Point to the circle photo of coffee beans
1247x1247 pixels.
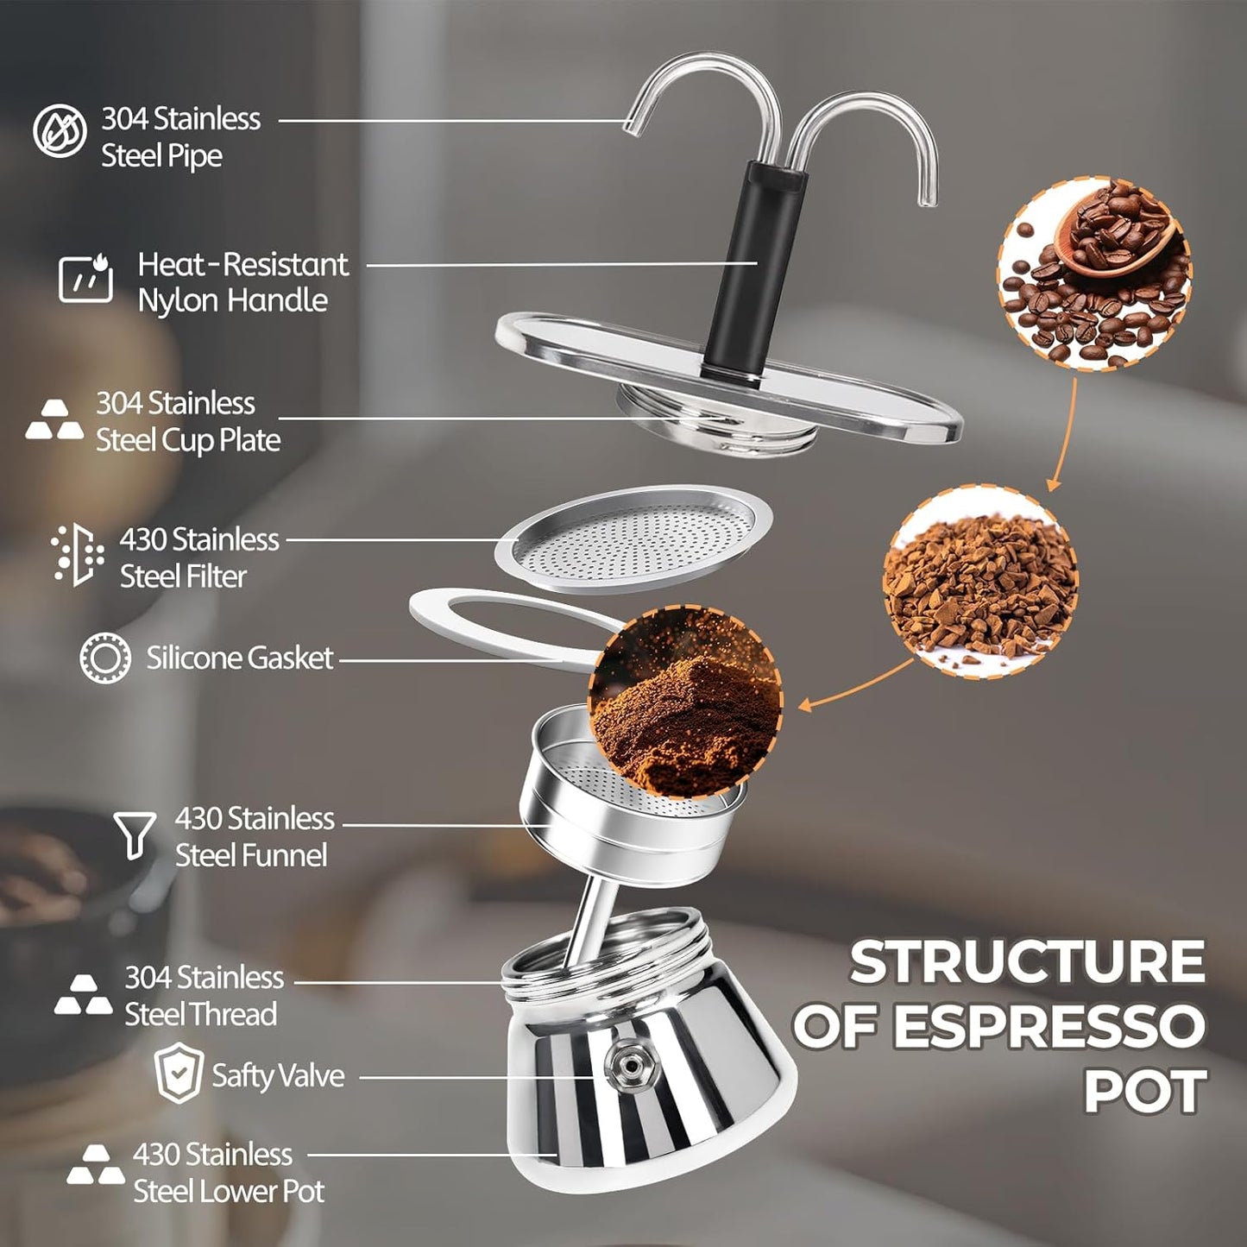pos(1094,274)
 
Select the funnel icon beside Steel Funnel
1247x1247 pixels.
pos(135,834)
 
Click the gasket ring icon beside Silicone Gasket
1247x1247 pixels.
pos(105,658)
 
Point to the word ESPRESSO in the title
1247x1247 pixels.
pos(1048,1027)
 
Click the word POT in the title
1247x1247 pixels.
pos(1144,1092)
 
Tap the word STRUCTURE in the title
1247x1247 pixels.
pos(1027,961)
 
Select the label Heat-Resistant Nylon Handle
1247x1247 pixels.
pos(242,282)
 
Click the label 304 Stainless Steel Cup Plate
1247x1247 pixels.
pos(187,422)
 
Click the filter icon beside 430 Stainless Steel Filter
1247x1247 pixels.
pos(77,554)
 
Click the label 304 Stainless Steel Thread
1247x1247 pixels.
pos(204,996)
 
